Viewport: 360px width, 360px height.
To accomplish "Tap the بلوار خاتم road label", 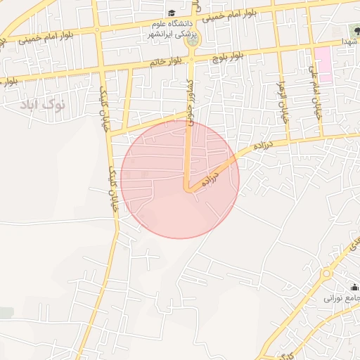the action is click(x=165, y=62).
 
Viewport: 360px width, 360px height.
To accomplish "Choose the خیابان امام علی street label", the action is click(x=314, y=91).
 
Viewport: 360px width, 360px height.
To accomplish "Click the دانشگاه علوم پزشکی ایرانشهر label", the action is click(x=172, y=28).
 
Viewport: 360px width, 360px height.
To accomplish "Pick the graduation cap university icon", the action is click(x=172, y=13).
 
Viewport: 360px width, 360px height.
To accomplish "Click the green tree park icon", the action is click(x=354, y=30).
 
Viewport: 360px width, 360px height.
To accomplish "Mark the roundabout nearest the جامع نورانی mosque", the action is click(x=326, y=274).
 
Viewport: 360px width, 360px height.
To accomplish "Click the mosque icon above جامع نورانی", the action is click(x=354, y=287).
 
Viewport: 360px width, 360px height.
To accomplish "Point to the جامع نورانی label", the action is click(x=342, y=298).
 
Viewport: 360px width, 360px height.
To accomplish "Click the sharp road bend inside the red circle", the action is click(x=188, y=188).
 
